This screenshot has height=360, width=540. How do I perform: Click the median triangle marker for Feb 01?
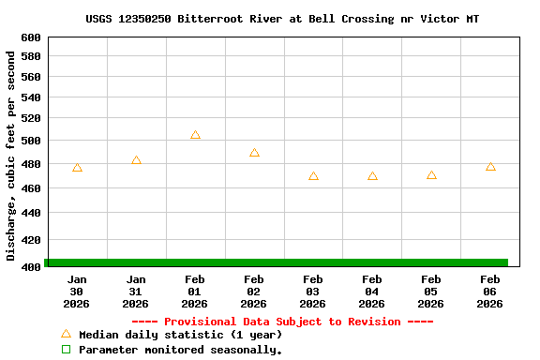[195, 135]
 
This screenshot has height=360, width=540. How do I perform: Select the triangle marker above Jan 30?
[77, 168]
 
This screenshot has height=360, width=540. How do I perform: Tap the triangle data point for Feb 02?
[254, 153]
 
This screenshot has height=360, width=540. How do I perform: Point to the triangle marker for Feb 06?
[490, 167]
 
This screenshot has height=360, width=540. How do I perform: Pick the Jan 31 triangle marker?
[136, 160]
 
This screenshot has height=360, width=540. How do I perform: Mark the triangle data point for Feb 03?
[313, 176]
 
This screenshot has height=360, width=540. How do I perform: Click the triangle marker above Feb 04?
[372, 176]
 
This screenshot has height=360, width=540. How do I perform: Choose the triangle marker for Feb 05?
[431, 175]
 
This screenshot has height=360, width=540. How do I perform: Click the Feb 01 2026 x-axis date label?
[195, 292]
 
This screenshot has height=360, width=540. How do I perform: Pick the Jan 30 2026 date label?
[77, 292]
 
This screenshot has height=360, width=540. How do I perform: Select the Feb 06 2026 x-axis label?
[490, 292]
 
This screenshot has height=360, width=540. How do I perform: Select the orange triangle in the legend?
[66, 334]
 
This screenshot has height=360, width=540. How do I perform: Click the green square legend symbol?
[66, 350]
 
